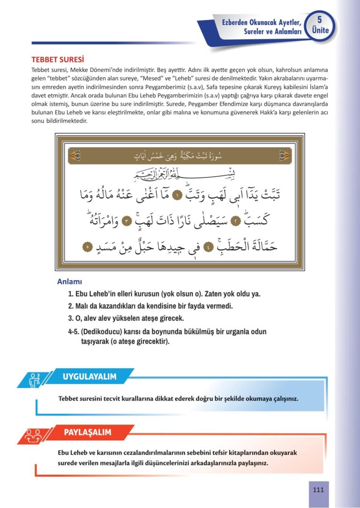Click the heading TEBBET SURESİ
[57, 60]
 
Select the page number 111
[318, 490]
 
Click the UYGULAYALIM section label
[90, 376]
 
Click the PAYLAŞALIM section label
[88, 432]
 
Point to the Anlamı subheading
[70, 282]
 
